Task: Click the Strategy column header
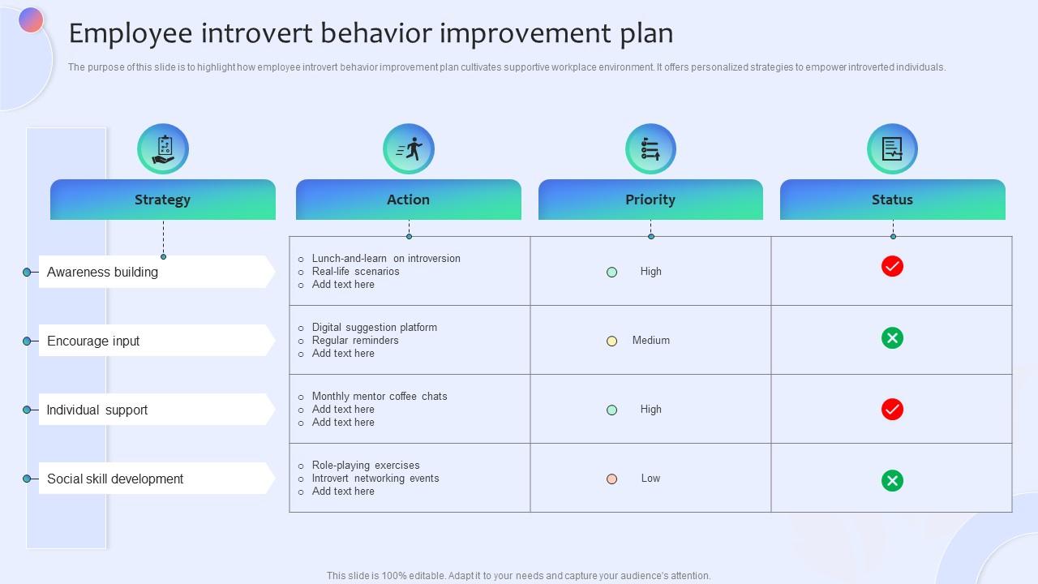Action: (x=162, y=200)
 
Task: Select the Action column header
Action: (x=408, y=200)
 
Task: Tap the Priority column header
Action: (x=650, y=200)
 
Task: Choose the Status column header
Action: (x=892, y=200)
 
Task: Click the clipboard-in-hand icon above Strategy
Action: (x=163, y=149)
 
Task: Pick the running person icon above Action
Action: (x=409, y=149)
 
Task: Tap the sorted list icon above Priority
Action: (x=650, y=149)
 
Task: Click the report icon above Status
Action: (x=892, y=149)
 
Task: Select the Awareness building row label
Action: (x=103, y=273)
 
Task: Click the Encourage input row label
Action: (x=93, y=341)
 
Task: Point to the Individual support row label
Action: (x=97, y=410)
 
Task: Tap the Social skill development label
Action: (x=115, y=479)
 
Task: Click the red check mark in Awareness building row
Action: (x=892, y=266)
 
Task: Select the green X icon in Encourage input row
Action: (x=892, y=338)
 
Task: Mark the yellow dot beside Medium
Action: (x=612, y=341)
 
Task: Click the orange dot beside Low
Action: (x=612, y=479)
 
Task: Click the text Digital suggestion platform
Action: (x=374, y=328)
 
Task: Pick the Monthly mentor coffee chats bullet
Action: (x=379, y=397)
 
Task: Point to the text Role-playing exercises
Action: (x=366, y=466)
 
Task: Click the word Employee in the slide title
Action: (x=131, y=33)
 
